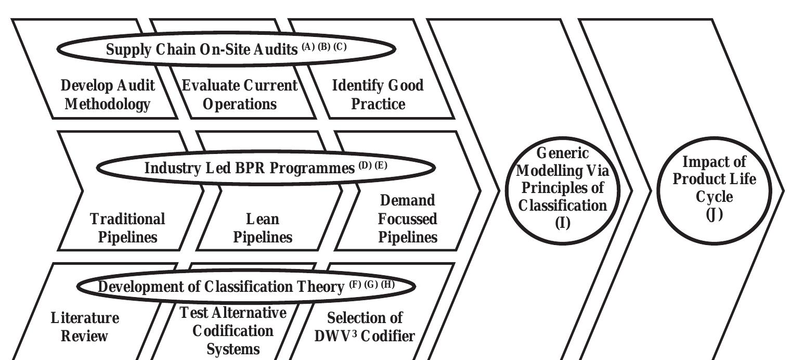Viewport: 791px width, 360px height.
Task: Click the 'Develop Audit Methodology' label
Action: coord(108,94)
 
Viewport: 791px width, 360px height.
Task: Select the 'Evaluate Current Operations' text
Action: coord(239,94)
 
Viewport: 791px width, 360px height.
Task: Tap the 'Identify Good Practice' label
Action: coord(378,94)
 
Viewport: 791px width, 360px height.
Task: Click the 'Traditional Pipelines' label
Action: coord(127,228)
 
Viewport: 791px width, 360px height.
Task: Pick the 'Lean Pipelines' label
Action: coord(263,228)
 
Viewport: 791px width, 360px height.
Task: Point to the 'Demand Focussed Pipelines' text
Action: coord(407,218)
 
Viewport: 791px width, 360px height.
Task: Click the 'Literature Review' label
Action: coord(85,327)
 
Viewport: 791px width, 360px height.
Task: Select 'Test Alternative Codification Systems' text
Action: coord(233,331)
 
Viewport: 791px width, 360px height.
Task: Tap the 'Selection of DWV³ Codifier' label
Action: coord(365,327)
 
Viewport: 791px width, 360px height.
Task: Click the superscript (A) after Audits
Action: coord(308,47)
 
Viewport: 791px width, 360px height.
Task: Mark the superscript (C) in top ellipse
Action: coord(340,47)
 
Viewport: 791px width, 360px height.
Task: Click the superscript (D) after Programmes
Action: coord(364,165)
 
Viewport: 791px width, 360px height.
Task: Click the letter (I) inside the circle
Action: coord(562,223)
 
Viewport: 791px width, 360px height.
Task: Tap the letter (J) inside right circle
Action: coord(714,214)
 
